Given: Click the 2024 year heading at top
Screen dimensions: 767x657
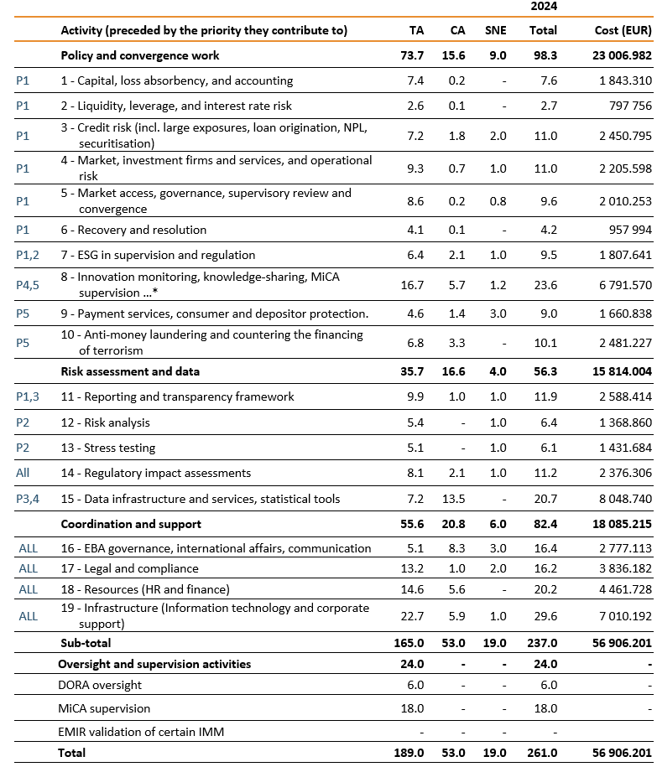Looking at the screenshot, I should (x=543, y=6).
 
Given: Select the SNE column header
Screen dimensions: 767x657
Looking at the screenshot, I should (x=496, y=30).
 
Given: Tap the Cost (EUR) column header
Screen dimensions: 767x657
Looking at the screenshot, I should (x=622, y=30).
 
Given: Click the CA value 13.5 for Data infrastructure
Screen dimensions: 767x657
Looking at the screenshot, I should (x=457, y=499).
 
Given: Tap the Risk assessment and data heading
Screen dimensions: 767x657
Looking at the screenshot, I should (x=130, y=371).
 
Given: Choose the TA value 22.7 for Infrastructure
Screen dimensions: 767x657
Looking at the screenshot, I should (x=416, y=615).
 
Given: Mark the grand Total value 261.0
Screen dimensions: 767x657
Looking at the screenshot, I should (x=543, y=753).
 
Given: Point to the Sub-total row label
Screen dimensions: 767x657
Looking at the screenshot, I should (x=86, y=643).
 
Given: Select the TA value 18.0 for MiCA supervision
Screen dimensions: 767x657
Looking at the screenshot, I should (x=416, y=708).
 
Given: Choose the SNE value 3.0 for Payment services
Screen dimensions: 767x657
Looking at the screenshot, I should (x=498, y=314).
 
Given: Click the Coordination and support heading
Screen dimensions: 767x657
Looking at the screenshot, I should (x=131, y=524).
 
